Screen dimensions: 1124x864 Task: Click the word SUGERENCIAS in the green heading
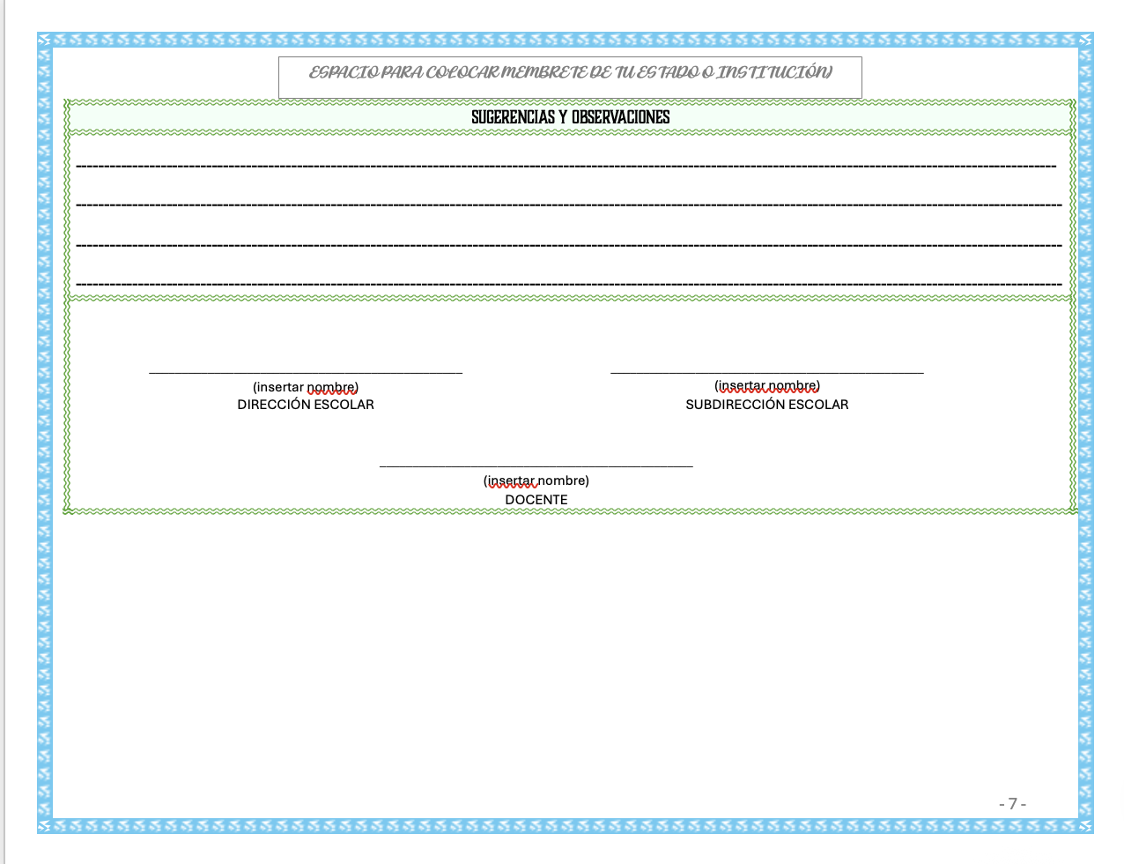pyautogui.click(x=513, y=117)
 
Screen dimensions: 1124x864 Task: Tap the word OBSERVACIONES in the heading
pyautogui.click(x=620, y=117)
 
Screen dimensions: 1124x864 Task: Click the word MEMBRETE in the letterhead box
pyautogui.click(x=544, y=72)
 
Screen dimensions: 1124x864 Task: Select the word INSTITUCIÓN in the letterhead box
pyautogui.click(x=773, y=72)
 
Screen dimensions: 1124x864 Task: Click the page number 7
pyautogui.click(x=1012, y=803)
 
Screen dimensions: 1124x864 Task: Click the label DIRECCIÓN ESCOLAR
pyautogui.click(x=305, y=405)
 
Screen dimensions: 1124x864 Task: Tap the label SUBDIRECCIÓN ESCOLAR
pyautogui.click(x=766, y=405)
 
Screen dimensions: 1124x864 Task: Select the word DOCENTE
pyautogui.click(x=536, y=500)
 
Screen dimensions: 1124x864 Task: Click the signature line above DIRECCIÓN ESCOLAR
pyautogui.click(x=306, y=372)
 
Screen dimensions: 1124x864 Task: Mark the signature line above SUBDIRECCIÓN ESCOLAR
pyautogui.click(x=767, y=372)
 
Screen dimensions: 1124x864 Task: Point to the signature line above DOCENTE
pyautogui.click(x=536, y=466)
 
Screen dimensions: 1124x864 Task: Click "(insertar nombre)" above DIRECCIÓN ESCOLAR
pyautogui.click(x=305, y=387)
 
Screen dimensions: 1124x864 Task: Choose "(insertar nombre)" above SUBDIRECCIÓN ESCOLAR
pyautogui.click(x=766, y=385)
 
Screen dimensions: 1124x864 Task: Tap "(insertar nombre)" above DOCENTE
pyautogui.click(x=536, y=480)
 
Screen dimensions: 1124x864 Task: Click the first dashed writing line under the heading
pyautogui.click(x=566, y=166)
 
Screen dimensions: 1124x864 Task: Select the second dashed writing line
pyautogui.click(x=569, y=205)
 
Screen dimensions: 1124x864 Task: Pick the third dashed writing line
pyautogui.click(x=569, y=245)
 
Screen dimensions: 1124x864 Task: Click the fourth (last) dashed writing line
pyautogui.click(x=569, y=284)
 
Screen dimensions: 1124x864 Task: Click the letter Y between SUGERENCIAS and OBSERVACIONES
pyautogui.click(x=563, y=117)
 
